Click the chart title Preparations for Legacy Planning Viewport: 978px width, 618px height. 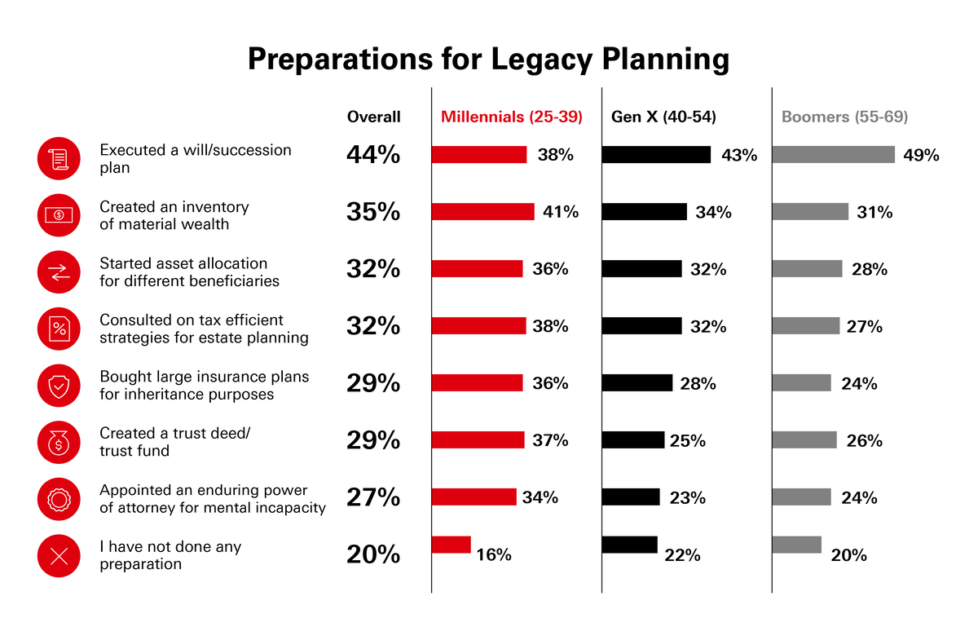488,60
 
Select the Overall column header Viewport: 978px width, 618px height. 373,117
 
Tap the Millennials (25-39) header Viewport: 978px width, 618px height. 511,117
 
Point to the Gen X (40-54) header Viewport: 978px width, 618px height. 663,117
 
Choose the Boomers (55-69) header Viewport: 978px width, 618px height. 844,117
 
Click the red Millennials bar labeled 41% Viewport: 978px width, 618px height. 482,212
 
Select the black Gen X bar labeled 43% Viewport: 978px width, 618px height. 656,155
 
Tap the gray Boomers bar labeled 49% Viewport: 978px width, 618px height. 833,155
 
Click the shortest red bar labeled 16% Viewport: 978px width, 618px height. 451,544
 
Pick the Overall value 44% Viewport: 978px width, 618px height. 373,155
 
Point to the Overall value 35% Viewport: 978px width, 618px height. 373,212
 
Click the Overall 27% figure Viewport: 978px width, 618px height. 373,497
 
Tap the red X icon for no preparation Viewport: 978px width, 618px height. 59,557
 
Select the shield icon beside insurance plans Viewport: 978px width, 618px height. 59,386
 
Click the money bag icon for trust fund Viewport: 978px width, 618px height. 59,443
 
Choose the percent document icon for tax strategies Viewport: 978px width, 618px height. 59,329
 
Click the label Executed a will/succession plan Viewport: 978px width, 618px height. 195,158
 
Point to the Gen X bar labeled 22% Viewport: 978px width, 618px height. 629,544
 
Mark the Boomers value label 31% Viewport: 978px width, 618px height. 874,212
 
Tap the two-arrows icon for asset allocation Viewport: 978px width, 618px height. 59,271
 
